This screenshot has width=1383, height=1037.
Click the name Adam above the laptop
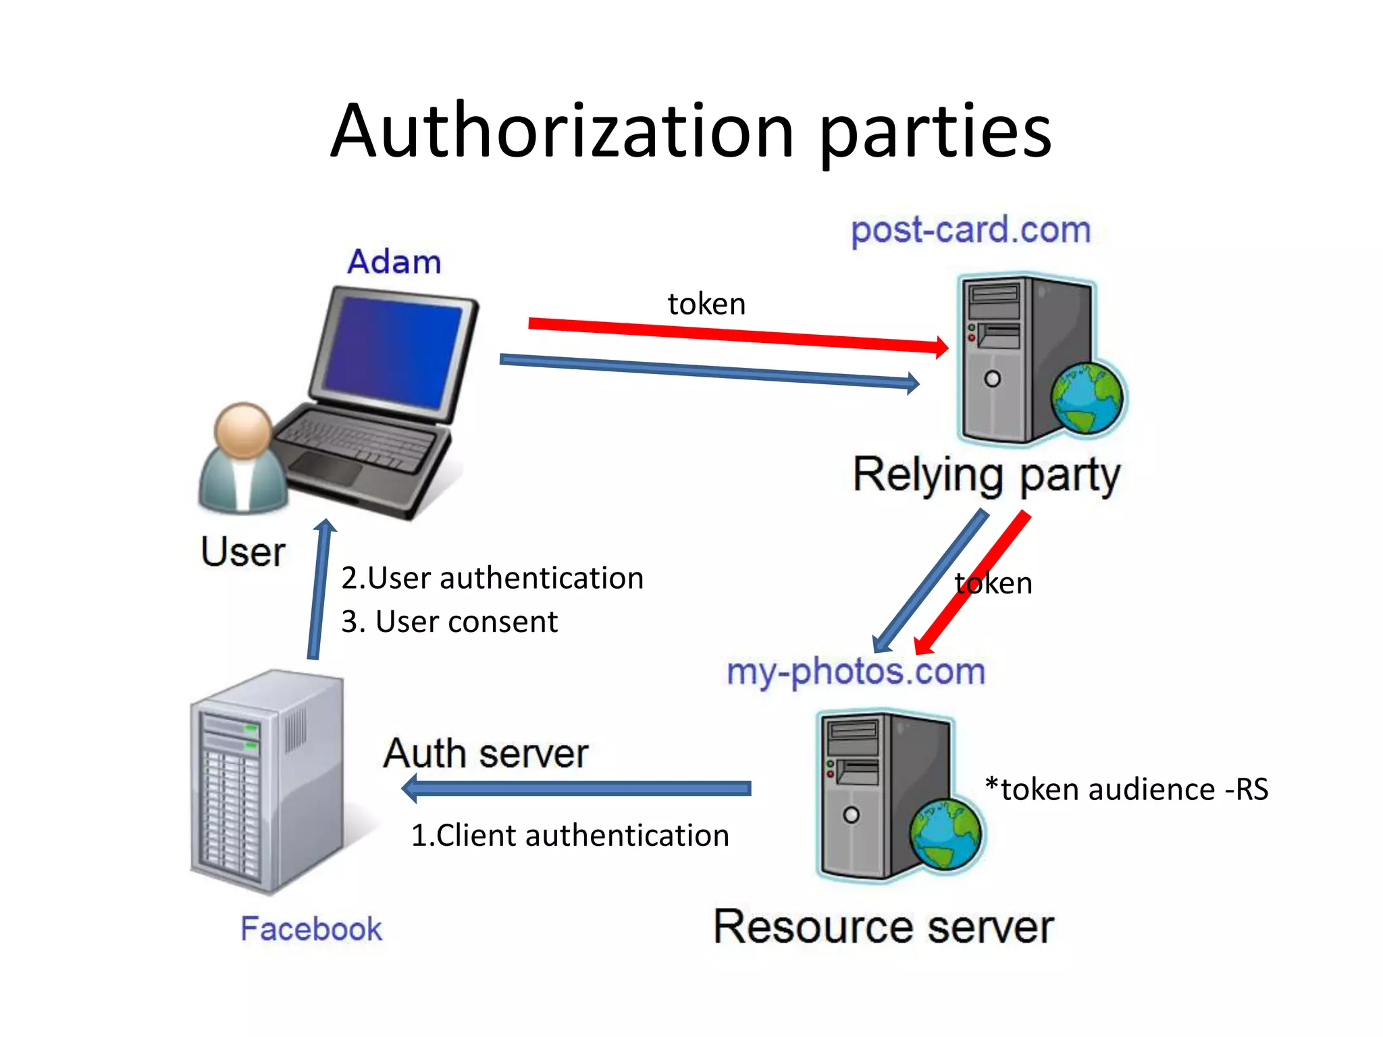[x=394, y=262]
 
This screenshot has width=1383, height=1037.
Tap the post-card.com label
[x=970, y=230]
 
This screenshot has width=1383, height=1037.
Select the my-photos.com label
[x=856, y=672]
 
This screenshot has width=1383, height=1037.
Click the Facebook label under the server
[x=311, y=929]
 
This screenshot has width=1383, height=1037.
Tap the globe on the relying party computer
[x=1087, y=398]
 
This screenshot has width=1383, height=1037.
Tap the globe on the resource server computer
[x=945, y=834]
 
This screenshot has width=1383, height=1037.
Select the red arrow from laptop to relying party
[x=736, y=335]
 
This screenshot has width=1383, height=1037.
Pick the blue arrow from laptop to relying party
[x=709, y=371]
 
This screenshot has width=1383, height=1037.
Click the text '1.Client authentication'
[x=570, y=836]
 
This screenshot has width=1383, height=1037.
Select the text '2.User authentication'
[x=492, y=579]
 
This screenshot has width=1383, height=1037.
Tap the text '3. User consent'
[x=449, y=622]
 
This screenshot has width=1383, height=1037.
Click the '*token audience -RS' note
[x=1126, y=789]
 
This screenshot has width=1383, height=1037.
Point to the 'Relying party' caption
[x=986, y=476]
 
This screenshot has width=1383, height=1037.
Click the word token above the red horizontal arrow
[x=706, y=304]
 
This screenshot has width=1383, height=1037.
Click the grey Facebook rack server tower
[x=267, y=783]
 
